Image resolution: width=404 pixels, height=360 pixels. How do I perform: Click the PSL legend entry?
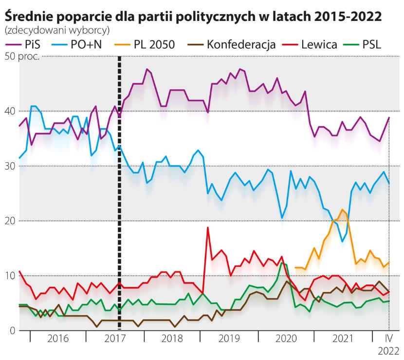click(x=372, y=45)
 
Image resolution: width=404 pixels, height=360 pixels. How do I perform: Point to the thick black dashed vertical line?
click(x=119, y=195)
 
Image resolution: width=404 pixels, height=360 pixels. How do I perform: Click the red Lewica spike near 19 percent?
click(x=208, y=228)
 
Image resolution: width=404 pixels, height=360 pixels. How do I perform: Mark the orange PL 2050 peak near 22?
click(x=343, y=210)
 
